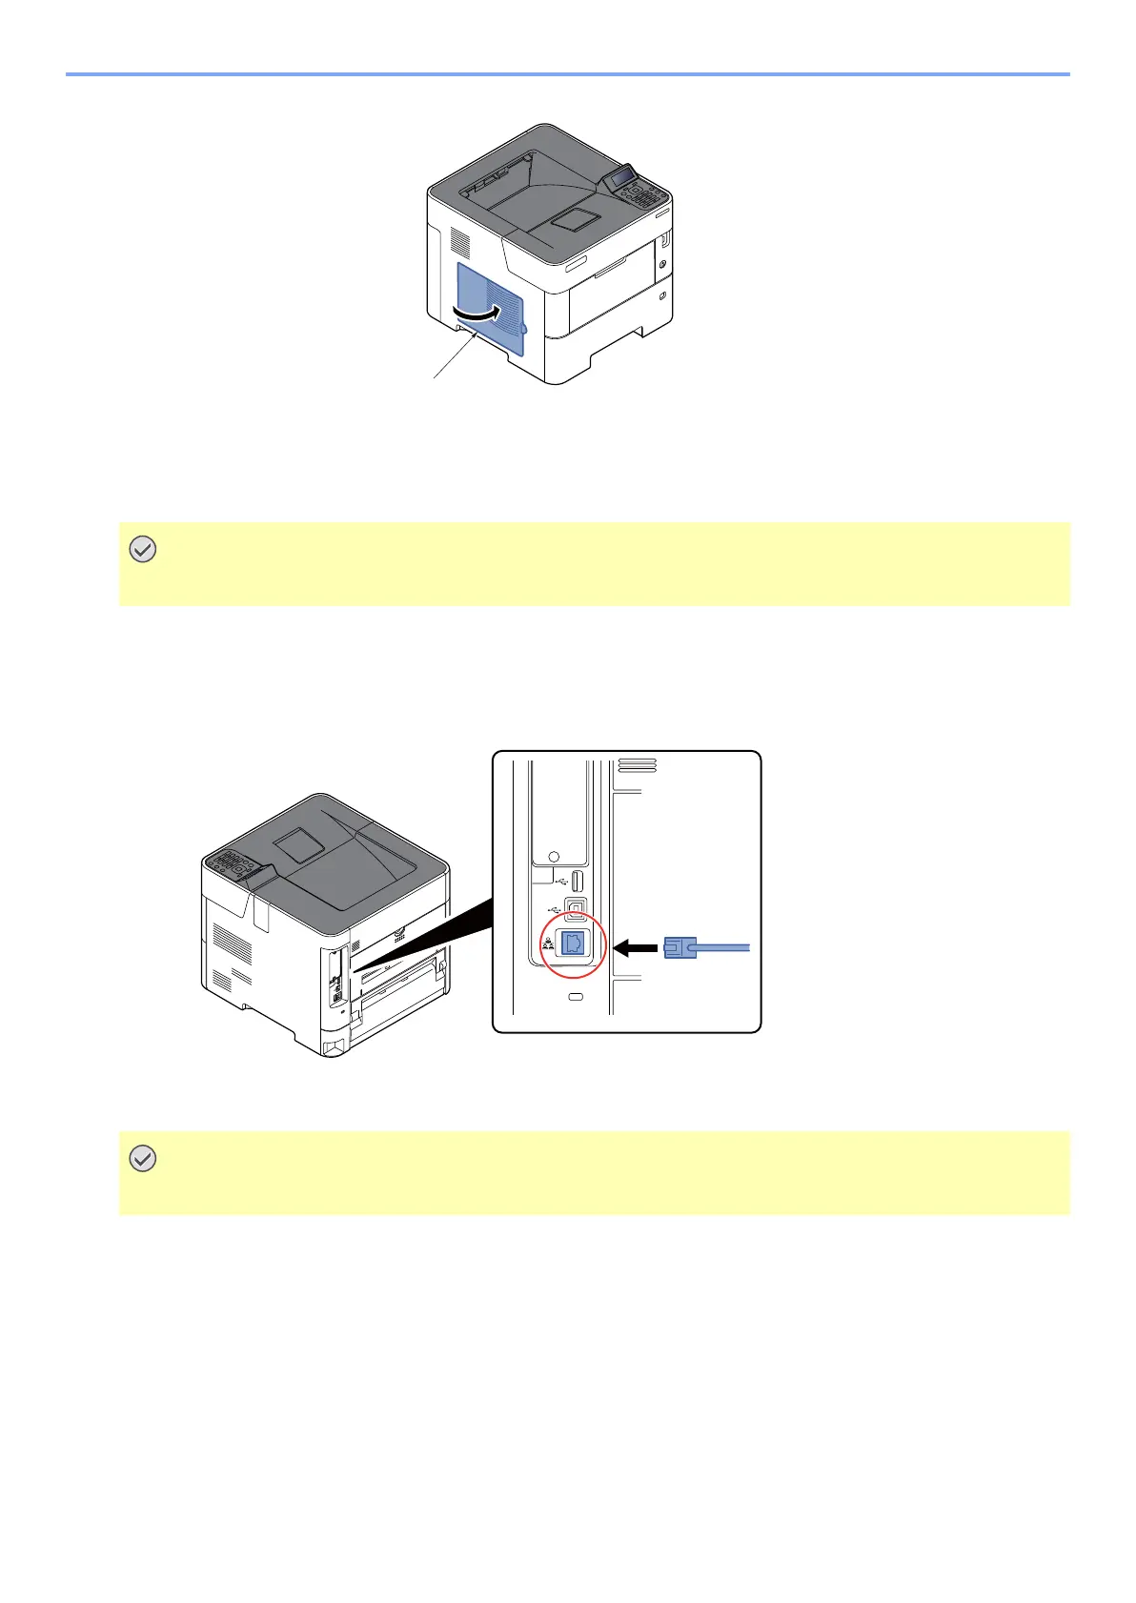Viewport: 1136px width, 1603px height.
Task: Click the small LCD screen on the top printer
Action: [623, 176]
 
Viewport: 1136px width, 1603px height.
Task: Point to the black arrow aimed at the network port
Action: [636, 947]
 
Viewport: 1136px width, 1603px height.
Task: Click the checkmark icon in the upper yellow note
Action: [142, 550]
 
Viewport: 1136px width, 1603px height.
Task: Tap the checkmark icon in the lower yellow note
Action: [142, 1159]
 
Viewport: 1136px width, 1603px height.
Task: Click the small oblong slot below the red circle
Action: [575, 997]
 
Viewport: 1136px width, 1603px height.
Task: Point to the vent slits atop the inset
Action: [637, 764]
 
